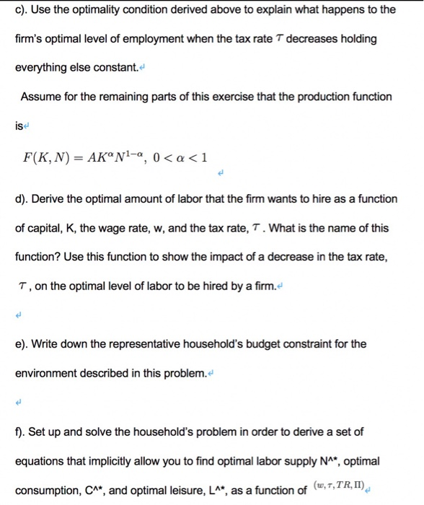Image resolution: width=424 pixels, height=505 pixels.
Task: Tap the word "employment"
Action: tap(145, 38)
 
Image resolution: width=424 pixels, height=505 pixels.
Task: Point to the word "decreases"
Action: tap(293, 38)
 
